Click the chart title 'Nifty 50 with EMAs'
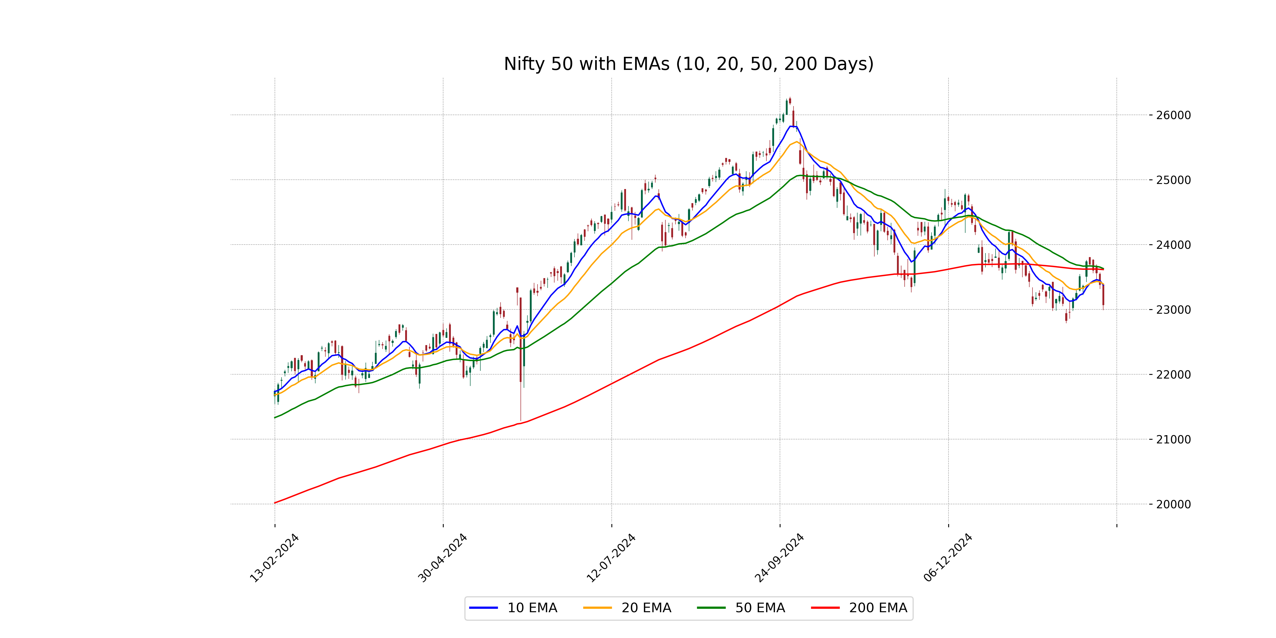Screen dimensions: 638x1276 coord(689,64)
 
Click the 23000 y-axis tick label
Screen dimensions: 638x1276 coord(1173,310)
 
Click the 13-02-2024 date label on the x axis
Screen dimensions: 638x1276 coord(274,558)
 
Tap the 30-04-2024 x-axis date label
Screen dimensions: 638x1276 coord(442,558)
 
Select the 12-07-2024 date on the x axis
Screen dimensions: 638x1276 coord(611,558)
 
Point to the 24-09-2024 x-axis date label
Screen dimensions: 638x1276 coord(779,558)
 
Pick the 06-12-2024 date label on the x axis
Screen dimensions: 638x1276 coord(948,558)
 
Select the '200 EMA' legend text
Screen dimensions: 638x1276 coord(878,608)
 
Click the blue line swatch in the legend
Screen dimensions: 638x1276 coord(484,608)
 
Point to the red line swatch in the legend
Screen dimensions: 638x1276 coord(825,608)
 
